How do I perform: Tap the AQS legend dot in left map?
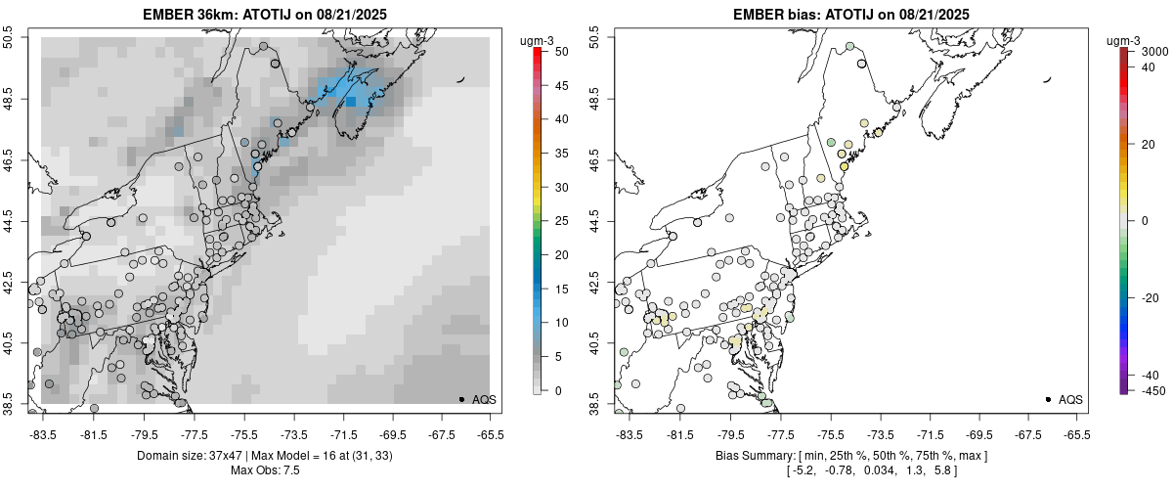461,399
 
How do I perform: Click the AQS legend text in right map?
1070,399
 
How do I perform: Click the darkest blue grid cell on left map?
351,102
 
